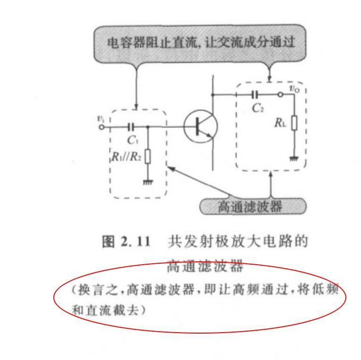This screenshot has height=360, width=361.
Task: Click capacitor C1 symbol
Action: (131, 126)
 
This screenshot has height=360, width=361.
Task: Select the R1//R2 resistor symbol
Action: (148, 156)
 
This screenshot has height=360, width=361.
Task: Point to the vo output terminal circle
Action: (281, 95)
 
